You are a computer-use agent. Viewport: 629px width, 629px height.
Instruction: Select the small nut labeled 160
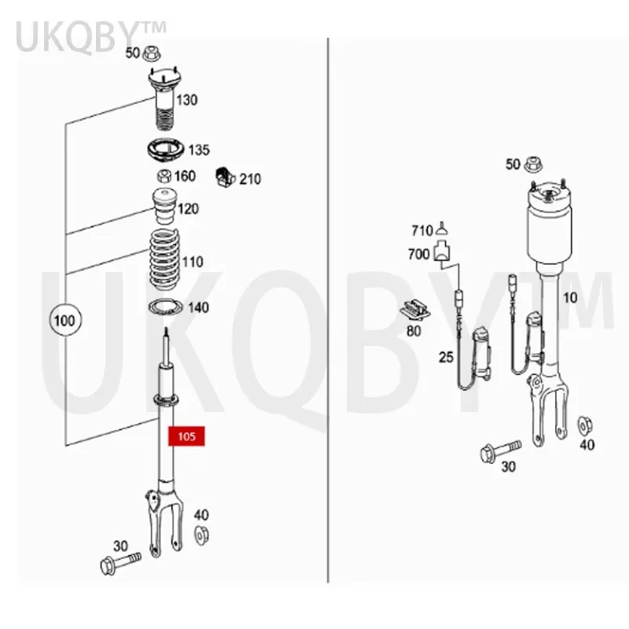coord(164,176)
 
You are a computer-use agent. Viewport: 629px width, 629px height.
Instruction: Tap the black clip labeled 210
coord(226,178)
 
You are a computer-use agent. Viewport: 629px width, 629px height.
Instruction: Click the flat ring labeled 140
coord(165,308)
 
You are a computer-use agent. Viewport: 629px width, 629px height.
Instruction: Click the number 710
coord(422,230)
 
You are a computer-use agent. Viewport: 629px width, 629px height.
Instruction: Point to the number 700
coord(419,254)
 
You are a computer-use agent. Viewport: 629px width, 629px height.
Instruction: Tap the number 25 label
coord(446,358)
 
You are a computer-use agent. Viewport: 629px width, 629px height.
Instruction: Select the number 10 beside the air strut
coord(569,297)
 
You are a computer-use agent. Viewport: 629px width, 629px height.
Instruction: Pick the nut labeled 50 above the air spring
coord(535,164)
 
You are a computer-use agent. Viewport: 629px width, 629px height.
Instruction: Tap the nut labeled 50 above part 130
coord(154,54)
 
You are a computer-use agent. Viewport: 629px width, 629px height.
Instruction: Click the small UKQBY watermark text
coord(91,36)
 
